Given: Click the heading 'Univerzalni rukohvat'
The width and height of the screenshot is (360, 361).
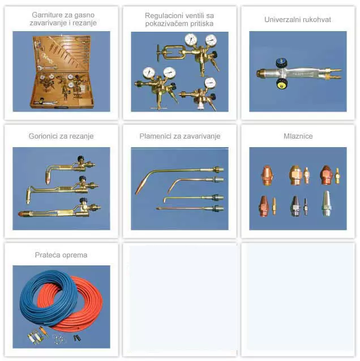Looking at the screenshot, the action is (298, 20).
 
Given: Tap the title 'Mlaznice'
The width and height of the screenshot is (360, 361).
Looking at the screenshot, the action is (298, 136).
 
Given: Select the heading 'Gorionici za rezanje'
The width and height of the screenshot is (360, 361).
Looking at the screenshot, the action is (61, 136).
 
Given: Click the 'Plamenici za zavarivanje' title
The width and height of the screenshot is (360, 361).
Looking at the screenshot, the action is (180, 136).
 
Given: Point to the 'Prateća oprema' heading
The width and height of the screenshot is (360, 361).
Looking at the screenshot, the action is (61, 255).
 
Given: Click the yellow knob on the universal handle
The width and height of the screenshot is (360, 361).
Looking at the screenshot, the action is (282, 84).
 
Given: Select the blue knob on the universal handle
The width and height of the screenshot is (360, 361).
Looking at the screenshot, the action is (281, 63).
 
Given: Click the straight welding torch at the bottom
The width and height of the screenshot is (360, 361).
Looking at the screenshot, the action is (190, 208).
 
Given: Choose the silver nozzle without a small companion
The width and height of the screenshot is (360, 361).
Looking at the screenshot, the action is (327, 204).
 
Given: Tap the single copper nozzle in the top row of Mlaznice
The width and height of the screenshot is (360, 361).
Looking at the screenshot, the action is (267, 176).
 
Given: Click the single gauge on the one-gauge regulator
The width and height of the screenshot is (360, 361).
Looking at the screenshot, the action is (210, 83).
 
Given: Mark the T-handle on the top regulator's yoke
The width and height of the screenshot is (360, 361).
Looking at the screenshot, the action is (158, 53).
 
